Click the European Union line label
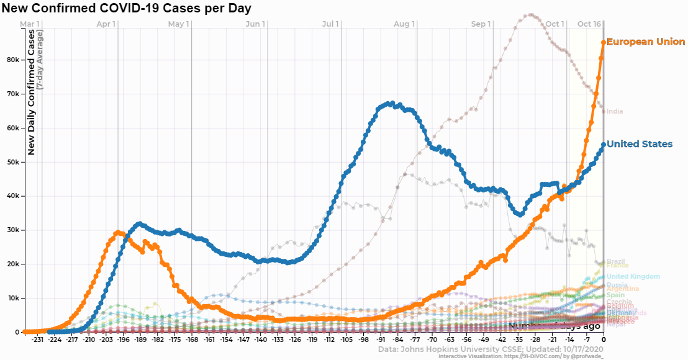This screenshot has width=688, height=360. [645, 42]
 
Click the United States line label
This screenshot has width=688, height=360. [639, 145]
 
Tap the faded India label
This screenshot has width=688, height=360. [615, 112]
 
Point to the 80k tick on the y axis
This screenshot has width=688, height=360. [13, 60]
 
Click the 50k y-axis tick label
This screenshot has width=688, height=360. [13, 162]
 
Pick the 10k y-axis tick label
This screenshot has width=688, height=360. [13, 299]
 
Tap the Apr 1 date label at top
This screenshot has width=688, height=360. [107, 24]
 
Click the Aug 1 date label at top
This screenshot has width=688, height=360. [404, 24]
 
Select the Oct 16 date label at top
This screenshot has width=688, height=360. [589, 24]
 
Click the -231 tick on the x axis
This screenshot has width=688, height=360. [37, 340]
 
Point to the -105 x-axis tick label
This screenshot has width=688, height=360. [345, 340]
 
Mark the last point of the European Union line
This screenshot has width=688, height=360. [604, 42]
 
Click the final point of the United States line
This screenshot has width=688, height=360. [604, 145]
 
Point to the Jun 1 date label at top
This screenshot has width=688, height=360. [256, 24]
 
